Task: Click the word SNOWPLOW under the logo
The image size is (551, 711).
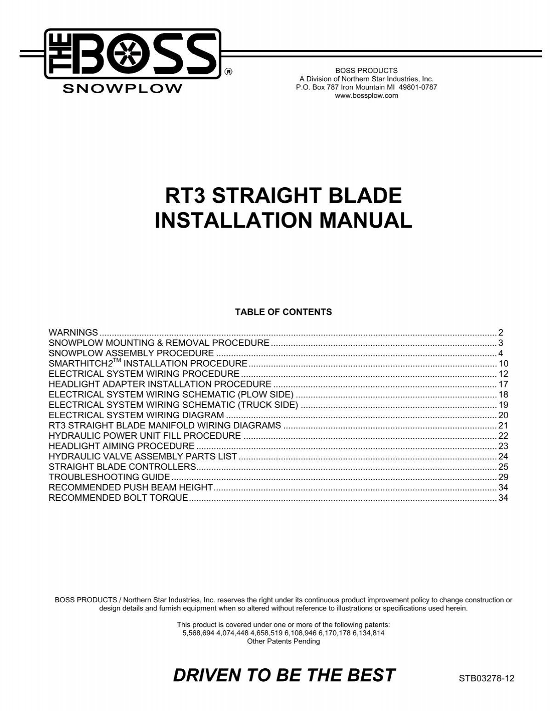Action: (122, 89)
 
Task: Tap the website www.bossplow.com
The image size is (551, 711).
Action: (366, 95)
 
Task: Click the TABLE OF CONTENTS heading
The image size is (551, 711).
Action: (283, 312)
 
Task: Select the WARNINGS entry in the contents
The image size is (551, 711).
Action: (73, 332)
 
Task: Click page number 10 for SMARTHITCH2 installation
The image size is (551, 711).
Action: (504, 364)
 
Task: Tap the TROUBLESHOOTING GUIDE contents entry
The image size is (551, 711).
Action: (109, 477)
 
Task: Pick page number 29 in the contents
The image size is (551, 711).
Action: (504, 477)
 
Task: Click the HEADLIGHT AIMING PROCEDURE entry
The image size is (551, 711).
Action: (122, 446)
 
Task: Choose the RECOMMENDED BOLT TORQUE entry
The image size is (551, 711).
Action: (118, 498)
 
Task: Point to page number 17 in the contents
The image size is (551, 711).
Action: (504, 384)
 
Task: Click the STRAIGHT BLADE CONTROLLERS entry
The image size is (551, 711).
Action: (123, 467)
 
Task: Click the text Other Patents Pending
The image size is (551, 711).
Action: (283, 641)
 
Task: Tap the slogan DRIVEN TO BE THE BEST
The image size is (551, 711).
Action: (284, 675)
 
